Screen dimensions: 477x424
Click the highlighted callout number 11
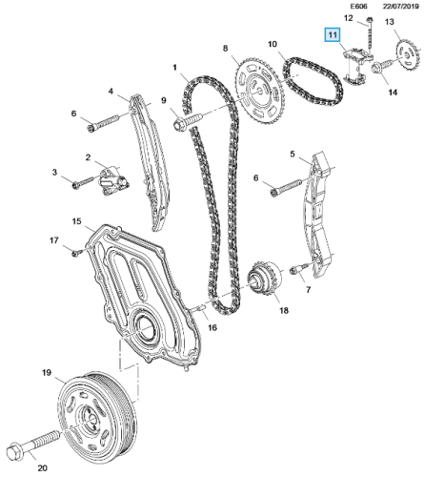333,36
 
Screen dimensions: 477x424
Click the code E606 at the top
336,9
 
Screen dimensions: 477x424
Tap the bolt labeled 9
188,122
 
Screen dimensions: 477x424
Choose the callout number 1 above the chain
176,66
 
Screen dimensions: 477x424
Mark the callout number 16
213,327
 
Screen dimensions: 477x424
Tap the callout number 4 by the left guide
111,93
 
